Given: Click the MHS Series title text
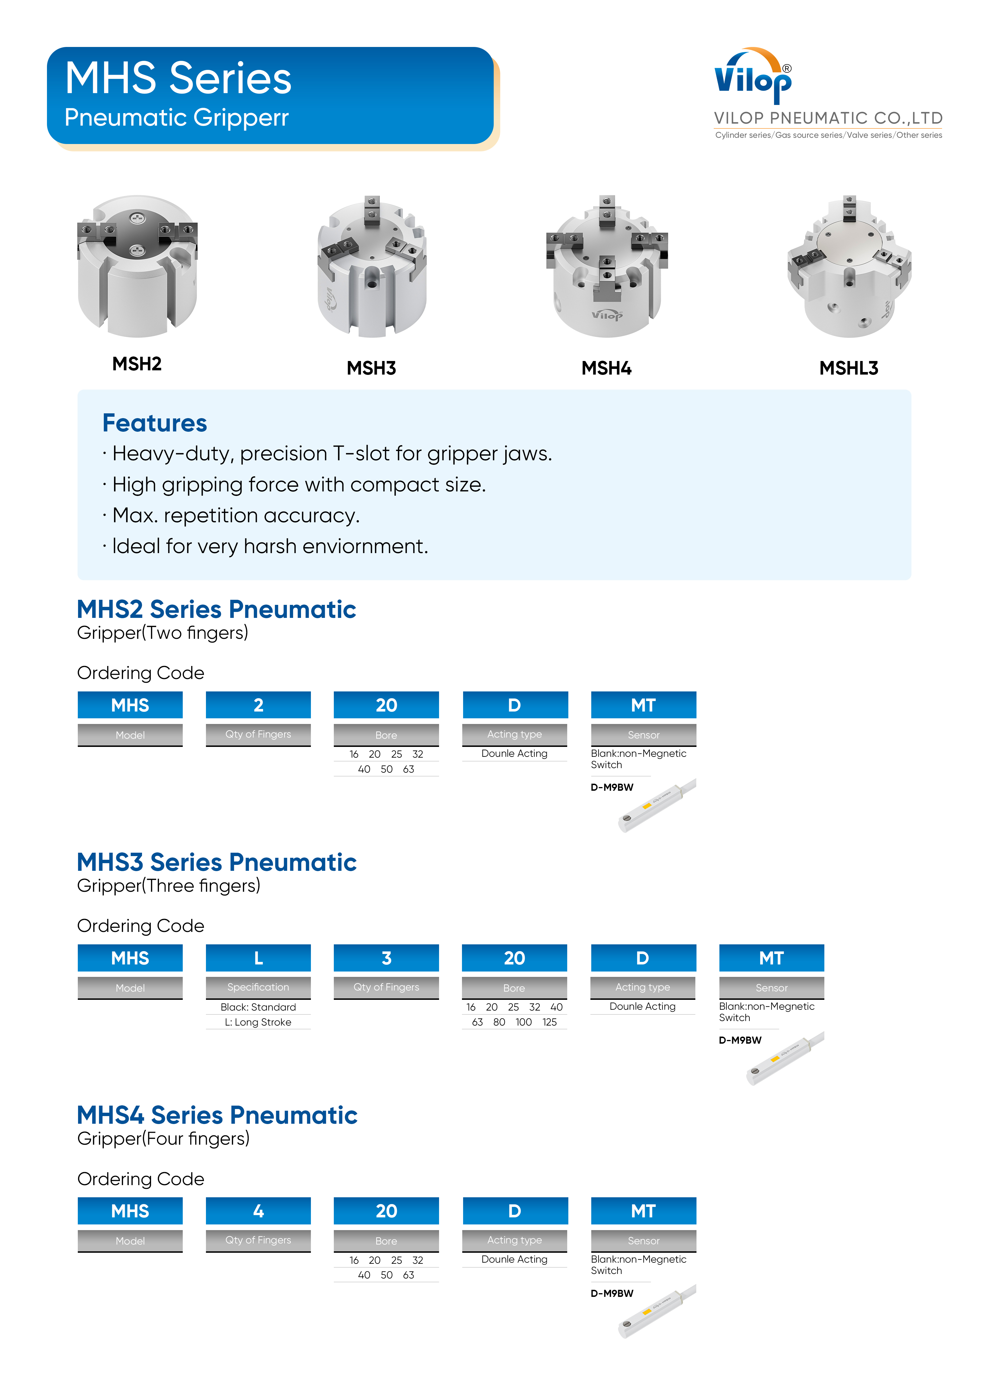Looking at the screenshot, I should pyautogui.click(x=178, y=79).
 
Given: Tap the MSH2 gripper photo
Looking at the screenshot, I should pyautogui.click(x=138, y=266).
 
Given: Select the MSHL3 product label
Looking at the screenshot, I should pyautogui.click(x=848, y=368).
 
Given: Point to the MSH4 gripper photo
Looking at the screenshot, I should pyautogui.click(x=607, y=266).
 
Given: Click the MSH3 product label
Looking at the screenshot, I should pyautogui.click(x=371, y=368).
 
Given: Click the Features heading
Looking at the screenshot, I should pyautogui.click(x=155, y=423).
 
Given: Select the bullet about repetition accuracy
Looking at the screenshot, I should pyautogui.click(x=236, y=515).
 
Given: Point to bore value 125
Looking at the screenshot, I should pyautogui.click(x=550, y=1022).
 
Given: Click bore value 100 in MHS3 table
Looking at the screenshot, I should pyautogui.click(x=523, y=1022).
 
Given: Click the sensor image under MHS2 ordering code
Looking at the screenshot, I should pyautogui.click(x=657, y=805).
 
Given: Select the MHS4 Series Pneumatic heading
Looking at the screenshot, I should pyautogui.click(x=217, y=1115).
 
